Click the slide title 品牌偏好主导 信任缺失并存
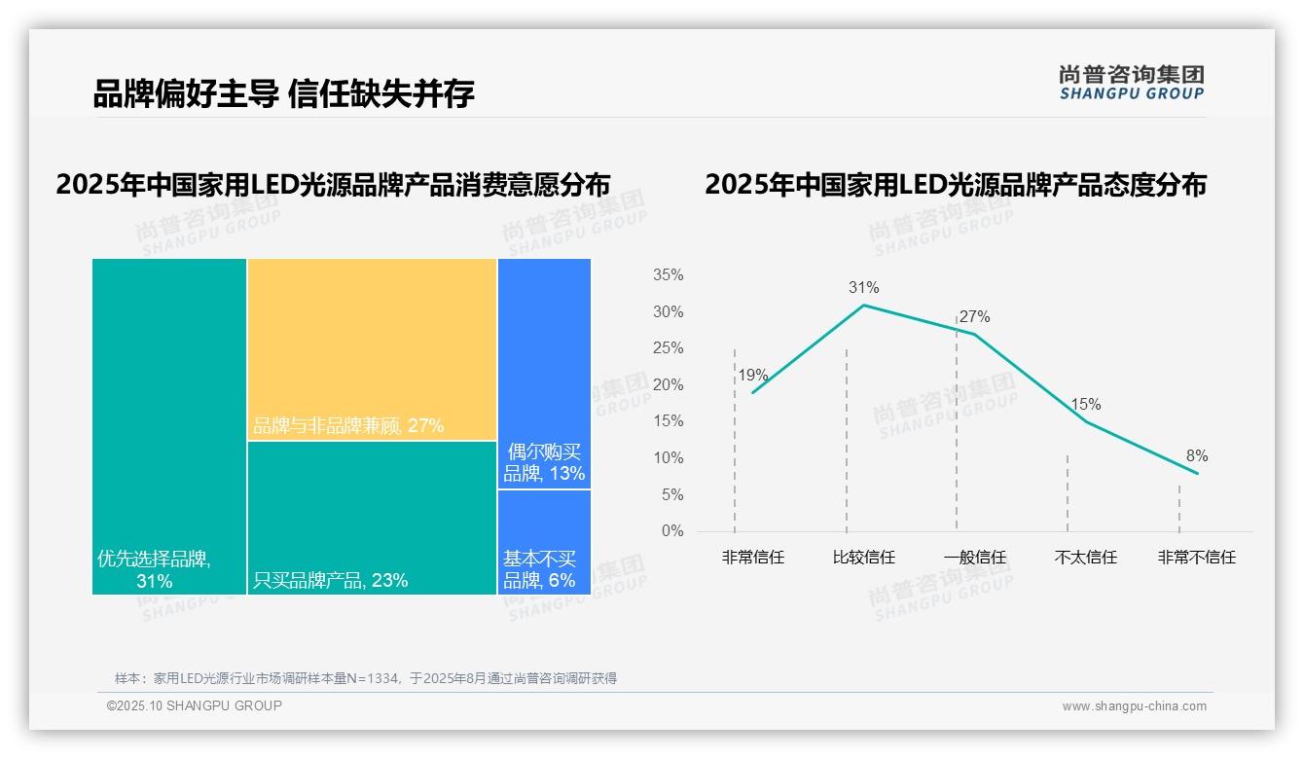coord(283,94)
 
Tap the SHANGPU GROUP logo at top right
coord(1131,83)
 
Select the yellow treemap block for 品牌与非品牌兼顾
coord(372,348)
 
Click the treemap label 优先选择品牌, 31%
coord(155,569)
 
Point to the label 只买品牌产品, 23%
coord(330,581)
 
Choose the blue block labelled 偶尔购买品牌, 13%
coord(544,463)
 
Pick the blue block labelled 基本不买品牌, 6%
coord(539,569)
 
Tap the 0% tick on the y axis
coord(671,531)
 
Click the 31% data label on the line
coord(863,287)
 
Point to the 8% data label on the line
coord(1196,455)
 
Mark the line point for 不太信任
coord(1085,421)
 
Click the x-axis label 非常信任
coord(752,558)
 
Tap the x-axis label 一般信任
coord(974,558)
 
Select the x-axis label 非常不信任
coord(1196,558)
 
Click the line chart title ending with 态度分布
coord(955,185)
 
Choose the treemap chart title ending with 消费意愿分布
coord(333,185)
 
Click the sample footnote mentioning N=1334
coord(366,678)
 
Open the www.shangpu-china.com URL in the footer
coord(1134,706)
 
